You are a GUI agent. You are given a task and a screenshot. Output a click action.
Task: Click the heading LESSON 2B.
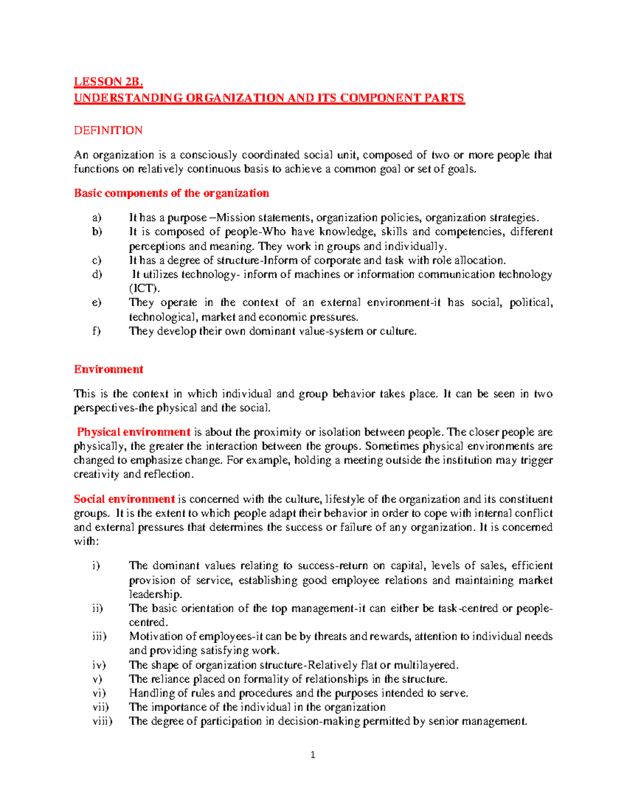click(x=108, y=82)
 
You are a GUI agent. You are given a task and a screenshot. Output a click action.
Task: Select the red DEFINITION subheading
click(x=108, y=131)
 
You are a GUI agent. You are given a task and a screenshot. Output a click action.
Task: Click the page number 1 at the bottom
click(x=312, y=755)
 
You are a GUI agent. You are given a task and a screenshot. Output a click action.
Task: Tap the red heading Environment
click(x=108, y=369)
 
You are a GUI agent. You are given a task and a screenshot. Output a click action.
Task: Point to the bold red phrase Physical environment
click(x=133, y=432)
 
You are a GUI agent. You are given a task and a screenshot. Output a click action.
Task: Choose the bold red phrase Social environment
click(x=124, y=499)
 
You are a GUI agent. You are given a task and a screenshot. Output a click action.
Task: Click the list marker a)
click(x=97, y=218)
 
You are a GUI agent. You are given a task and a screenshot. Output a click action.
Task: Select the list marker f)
click(x=96, y=331)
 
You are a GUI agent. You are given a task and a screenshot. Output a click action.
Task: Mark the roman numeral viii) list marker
click(x=102, y=721)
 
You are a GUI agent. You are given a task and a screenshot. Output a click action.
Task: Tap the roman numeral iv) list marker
click(x=99, y=665)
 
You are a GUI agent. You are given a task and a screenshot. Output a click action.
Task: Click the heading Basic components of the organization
click(x=171, y=193)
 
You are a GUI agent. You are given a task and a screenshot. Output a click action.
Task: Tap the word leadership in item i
click(x=155, y=594)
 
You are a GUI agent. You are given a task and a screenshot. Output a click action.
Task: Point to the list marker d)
click(x=97, y=275)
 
